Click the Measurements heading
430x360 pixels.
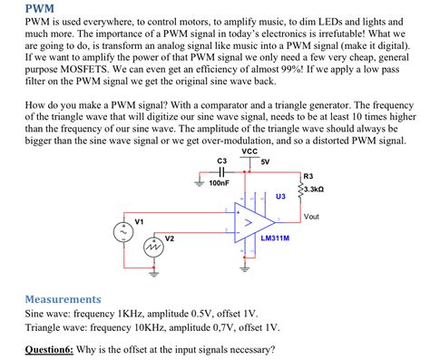click(63, 298)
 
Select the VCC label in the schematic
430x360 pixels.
click(249, 151)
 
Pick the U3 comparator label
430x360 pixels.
click(281, 196)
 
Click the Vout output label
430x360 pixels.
click(311, 216)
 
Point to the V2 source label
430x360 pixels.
click(169, 238)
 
